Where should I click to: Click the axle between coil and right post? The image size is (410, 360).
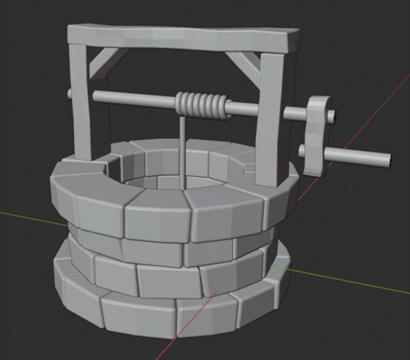point(243,111)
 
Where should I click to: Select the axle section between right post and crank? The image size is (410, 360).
point(294,115)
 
